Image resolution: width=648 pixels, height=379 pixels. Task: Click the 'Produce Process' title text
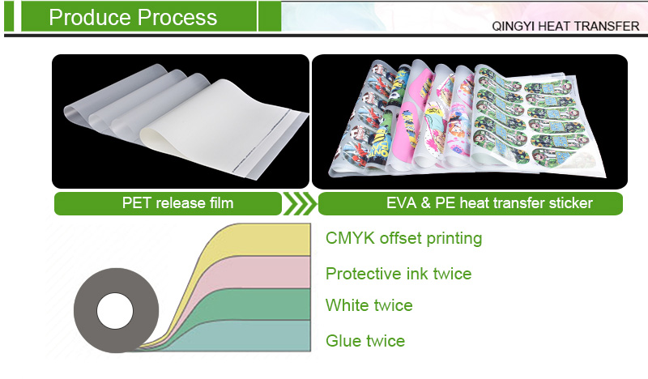[133, 17]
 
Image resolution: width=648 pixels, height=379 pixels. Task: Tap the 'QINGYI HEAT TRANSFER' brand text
[565, 26]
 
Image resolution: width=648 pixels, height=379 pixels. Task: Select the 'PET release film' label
[165, 202]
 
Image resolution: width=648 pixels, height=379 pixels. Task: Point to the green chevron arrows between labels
[298, 202]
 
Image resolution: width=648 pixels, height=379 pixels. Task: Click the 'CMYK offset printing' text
[403, 238]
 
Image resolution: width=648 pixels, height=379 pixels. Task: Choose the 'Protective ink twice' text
[398, 273]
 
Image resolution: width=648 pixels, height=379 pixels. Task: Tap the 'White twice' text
[369, 305]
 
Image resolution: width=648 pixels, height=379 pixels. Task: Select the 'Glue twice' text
[364, 340]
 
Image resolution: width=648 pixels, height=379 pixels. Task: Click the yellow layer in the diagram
[267, 239]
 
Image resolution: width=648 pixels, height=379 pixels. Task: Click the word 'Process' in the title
[177, 17]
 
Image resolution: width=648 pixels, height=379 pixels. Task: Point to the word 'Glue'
[343, 340]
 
